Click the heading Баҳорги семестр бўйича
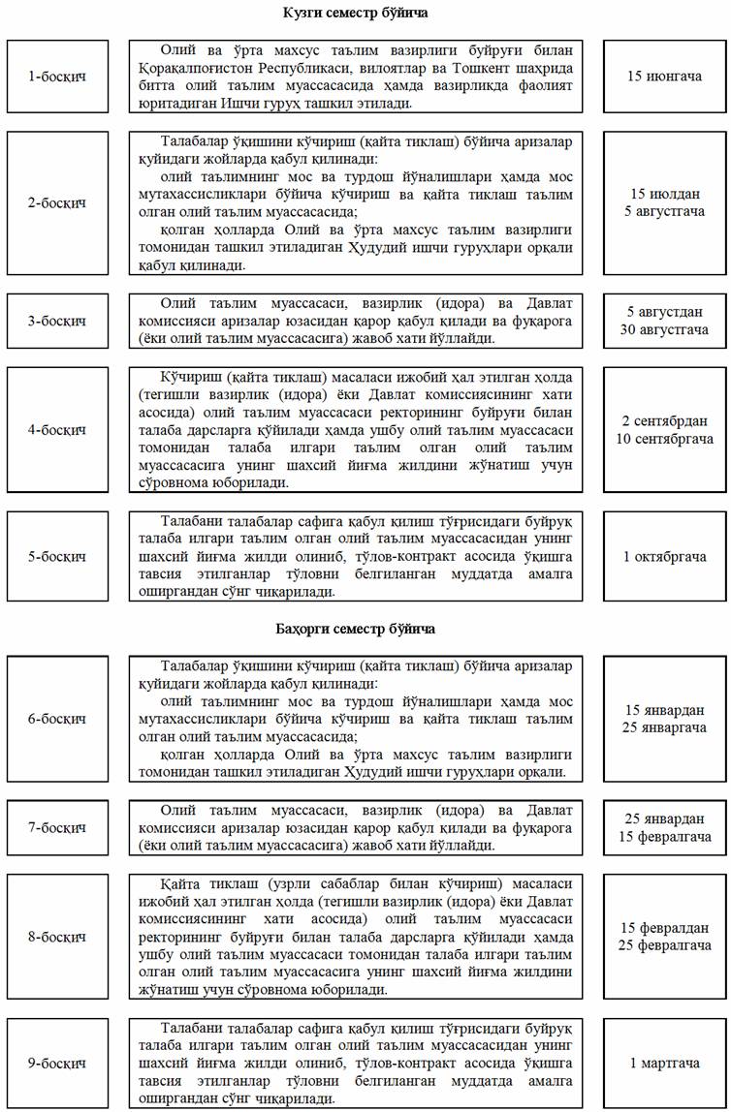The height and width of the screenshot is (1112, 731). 356,629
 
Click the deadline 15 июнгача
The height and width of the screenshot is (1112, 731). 664,76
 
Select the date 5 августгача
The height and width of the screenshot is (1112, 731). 664,211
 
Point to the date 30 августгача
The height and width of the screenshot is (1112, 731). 664,330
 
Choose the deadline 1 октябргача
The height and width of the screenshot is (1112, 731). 664,557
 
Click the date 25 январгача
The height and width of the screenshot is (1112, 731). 664,727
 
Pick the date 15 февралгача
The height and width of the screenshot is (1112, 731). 664,837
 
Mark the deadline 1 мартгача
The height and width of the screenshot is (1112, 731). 664,1064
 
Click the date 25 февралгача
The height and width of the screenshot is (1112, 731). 664,945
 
